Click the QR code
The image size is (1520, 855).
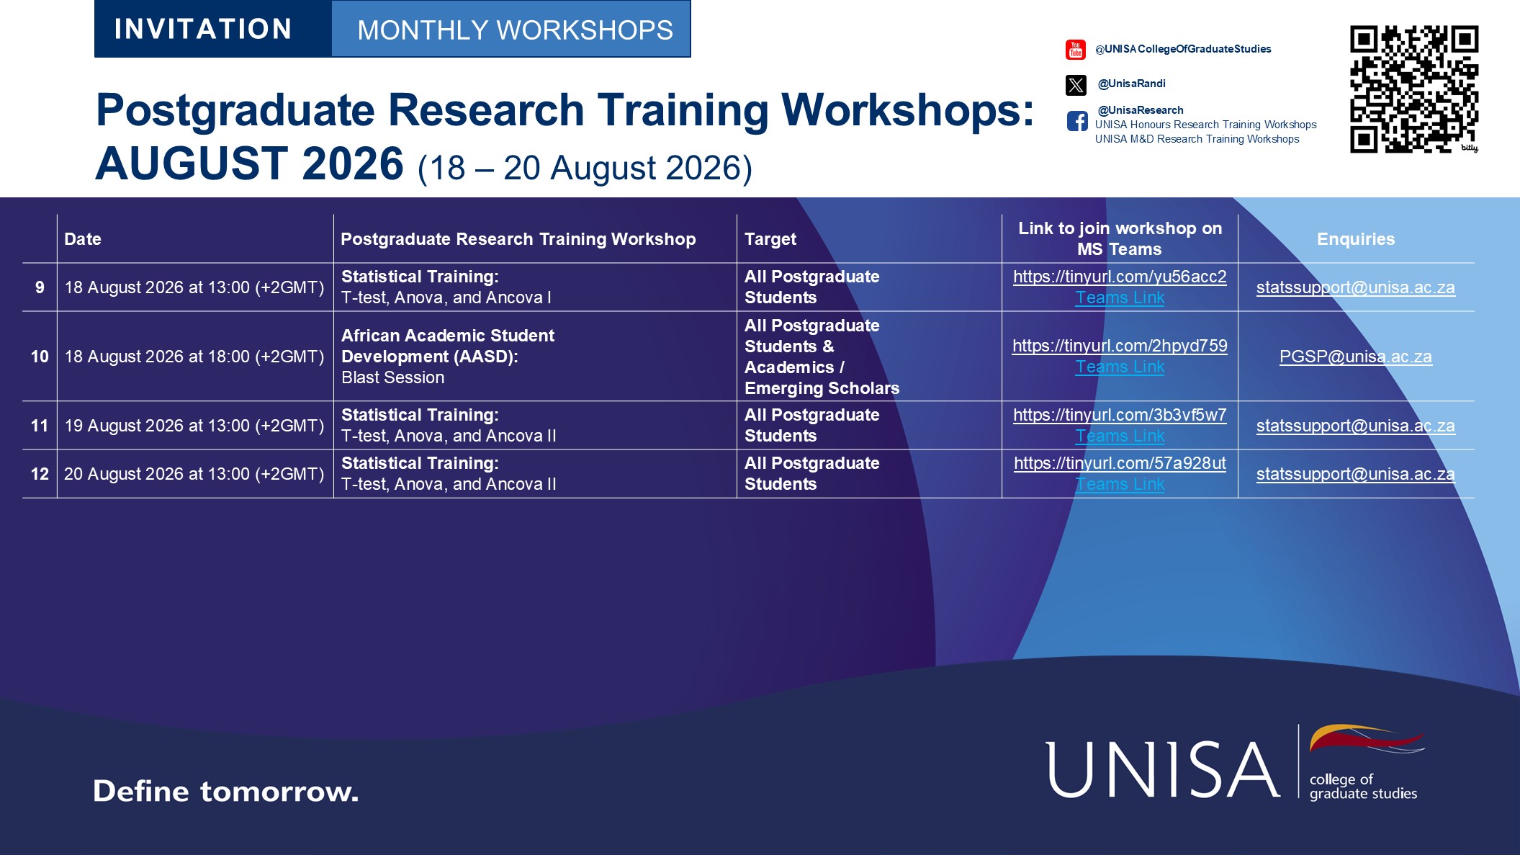(x=1414, y=89)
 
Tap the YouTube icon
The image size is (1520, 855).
(x=1076, y=50)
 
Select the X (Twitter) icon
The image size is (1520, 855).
(x=1076, y=85)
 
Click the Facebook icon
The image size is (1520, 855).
(x=1077, y=121)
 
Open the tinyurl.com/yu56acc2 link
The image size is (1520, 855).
(x=1120, y=277)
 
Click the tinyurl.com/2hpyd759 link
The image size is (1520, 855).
(x=1120, y=346)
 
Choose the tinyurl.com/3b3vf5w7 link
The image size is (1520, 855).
(x=1120, y=415)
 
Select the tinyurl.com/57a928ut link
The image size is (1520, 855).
(x=1120, y=463)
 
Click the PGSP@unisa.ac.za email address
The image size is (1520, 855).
(x=1356, y=357)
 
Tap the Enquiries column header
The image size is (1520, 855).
(x=1356, y=239)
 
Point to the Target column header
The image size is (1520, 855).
(x=770, y=239)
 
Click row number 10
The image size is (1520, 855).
(x=40, y=357)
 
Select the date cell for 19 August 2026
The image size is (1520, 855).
(x=194, y=426)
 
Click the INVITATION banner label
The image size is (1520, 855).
(x=203, y=29)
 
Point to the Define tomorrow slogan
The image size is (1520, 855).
(x=225, y=791)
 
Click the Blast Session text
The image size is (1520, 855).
(x=392, y=377)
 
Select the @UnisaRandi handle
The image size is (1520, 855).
(x=1131, y=84)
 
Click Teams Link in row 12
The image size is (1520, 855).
(x=1120, y=484)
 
